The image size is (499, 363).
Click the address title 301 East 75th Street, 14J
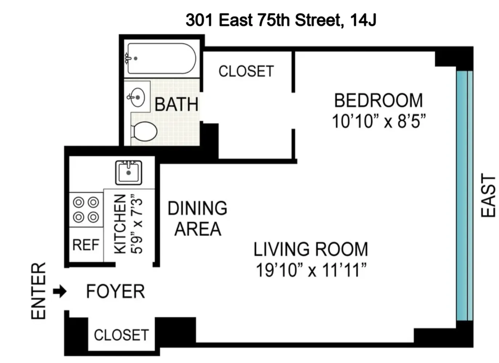tap(281, 20)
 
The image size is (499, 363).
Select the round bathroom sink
tap(137, 97)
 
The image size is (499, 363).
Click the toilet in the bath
tap(144, 131)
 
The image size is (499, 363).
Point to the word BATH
tap(177, 105)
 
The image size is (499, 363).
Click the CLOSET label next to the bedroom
tap(246, 71)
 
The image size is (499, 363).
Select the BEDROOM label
tap(378, 101)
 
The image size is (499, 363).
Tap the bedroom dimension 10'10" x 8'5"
tap(378, 121)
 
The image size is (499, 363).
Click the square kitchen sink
tap(129, 173)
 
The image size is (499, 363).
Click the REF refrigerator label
tap(86, 245)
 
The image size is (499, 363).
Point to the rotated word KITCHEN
tap(120, 224)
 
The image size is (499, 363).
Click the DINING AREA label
tap(198, 219)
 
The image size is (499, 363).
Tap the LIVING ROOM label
tap(311, 249)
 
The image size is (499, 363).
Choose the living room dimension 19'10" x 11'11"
tap(311, 270)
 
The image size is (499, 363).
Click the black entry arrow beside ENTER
tap(60, 291)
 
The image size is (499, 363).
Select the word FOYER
tap(115, 291)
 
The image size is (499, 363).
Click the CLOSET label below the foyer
tap(121, 335)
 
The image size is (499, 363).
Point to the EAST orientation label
tap(488, 196)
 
